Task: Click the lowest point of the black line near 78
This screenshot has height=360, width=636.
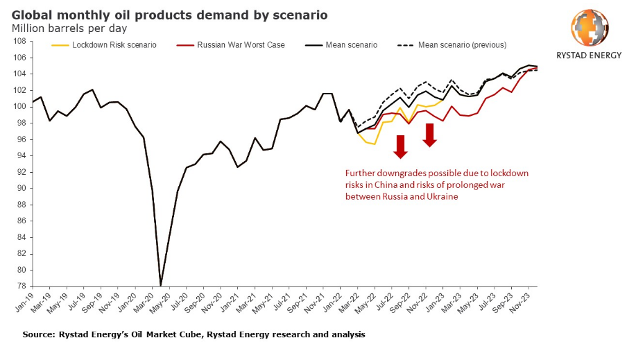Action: point(161,285)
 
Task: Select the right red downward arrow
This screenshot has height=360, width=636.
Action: point(430,135)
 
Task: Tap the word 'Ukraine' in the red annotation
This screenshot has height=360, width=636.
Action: point(442,197)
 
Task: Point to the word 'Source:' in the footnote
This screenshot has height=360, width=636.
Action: point(40,334)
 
